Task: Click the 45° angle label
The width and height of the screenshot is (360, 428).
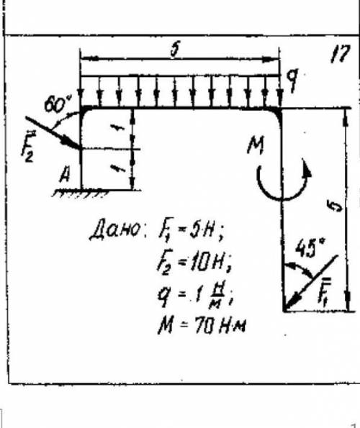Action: tap(310, 248)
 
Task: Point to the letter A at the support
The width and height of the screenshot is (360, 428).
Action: tap(65, 175)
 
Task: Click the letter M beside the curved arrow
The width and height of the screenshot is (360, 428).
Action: tap(256, 145)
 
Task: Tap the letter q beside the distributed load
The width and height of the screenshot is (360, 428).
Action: tap(292, 79)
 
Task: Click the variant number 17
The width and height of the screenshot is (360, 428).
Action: tap(340, 54)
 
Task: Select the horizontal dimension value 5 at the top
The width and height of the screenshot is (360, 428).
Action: tap(174, 50)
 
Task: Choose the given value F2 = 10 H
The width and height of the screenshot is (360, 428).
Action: tap(194, 263)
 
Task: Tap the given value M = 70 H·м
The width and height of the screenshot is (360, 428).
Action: tap(202, 325)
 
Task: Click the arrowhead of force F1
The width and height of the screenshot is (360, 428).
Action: tap(290, 304)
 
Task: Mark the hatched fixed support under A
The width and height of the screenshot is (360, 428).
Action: tap(81, 193)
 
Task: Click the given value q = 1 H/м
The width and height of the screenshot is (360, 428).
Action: tap(195, 296)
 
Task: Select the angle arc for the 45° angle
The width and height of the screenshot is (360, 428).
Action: tap(300, 268)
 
